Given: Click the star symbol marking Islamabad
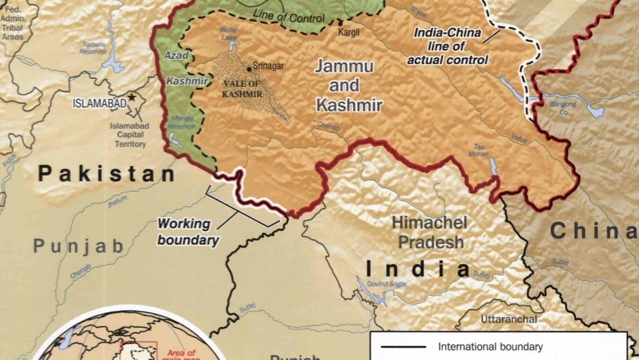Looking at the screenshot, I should point(132,97).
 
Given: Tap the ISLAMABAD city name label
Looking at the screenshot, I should point(99,103).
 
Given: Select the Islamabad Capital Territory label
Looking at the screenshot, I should point(128,135).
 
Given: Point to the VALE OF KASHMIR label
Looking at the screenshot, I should point(242,89).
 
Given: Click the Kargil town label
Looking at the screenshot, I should point(349,31).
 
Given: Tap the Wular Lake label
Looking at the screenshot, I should point(228,33).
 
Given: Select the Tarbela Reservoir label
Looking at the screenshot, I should point(95,48).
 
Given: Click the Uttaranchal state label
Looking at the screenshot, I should point(509,318).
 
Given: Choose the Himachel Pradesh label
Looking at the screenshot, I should point(428,232).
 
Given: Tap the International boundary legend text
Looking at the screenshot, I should point(490,347).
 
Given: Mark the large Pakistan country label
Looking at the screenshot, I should point(106,173).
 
